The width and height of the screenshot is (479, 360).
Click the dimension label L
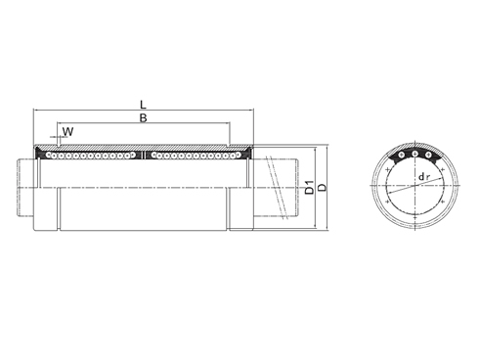pyautogui.click(x=145, y=102)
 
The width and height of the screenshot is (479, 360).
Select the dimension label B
pyautogui.click(x=145, y=117)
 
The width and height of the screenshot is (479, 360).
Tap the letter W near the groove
pyautogui.click(x=67, y=130)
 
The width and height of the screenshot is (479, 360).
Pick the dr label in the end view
pyautogui.click(x=422, y=177)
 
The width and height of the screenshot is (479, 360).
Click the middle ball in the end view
pyautogui.click(x=414, y=154)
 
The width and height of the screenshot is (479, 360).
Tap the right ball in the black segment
pyautogui.click(x=429, y=157)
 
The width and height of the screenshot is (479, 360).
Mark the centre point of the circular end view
pyautogui.click(x=414, y=187)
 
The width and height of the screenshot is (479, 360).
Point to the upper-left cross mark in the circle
pyautogui.click(x=390, y=168)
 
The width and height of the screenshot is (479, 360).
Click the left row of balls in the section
pyautogui.click(x=92, y=155)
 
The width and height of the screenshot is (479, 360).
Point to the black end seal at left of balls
pyautogui.click(x=40, y=154)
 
